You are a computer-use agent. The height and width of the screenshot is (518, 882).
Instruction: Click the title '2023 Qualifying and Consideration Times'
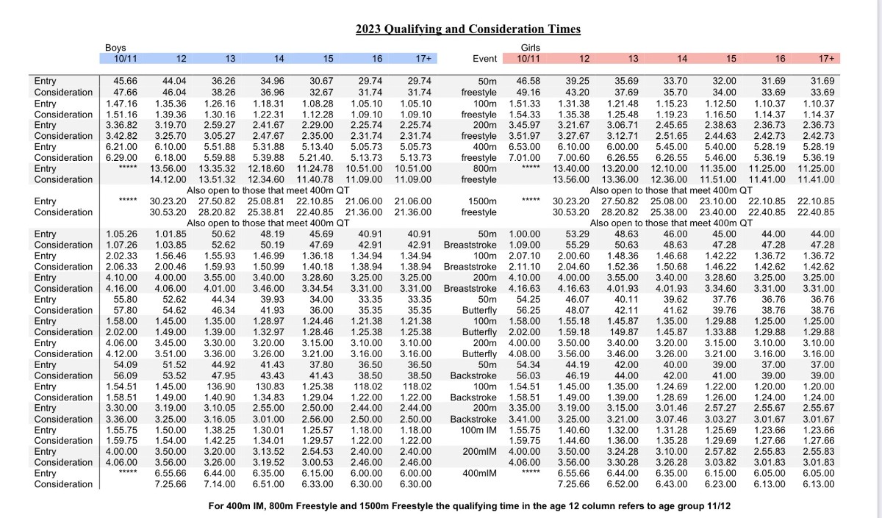[467, 29]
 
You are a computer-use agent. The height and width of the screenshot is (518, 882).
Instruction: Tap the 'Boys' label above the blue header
[116, 47]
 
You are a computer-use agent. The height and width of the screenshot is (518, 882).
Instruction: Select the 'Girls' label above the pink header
[530, 47]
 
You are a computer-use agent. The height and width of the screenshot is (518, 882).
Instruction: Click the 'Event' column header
[487, 58]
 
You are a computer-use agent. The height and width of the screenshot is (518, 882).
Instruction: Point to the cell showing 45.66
[121, 81]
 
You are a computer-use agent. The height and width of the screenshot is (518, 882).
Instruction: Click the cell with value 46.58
[528, 81]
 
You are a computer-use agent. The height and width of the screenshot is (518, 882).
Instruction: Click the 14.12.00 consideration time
[168, 180]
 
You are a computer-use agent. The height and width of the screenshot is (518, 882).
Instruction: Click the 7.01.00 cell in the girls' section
[528, 158]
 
